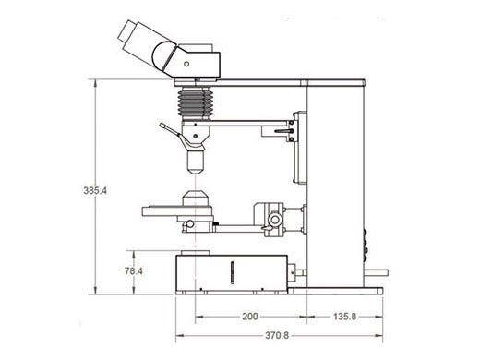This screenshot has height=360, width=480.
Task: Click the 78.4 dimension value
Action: (x=134, y=271)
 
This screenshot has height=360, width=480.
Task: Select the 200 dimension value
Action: (x=249, y=317)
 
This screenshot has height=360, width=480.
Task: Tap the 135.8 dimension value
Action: (x=342, y=317)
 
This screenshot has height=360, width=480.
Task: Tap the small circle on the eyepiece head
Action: (x=186, y=64)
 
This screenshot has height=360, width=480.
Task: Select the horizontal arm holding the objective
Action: (x=240, y=120)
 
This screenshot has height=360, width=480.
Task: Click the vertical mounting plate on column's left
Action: (x=297, y=148)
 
